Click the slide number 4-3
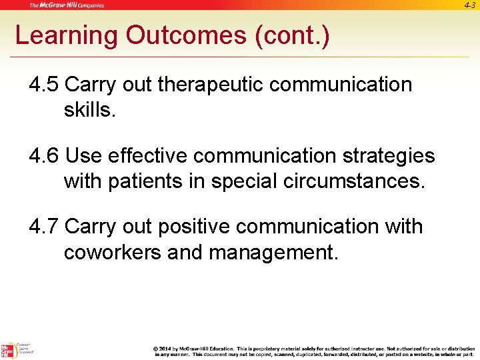click(470, 5)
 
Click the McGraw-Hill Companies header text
click(67, 5)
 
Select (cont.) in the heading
click(292, 35)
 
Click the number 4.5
click(44, 85)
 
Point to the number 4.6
click(44, 156)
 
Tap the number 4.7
click(44, 227)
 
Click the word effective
click(147, 156)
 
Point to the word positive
click(194, 227)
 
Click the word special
click(245, 181)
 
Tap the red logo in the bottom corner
click(7, 351)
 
